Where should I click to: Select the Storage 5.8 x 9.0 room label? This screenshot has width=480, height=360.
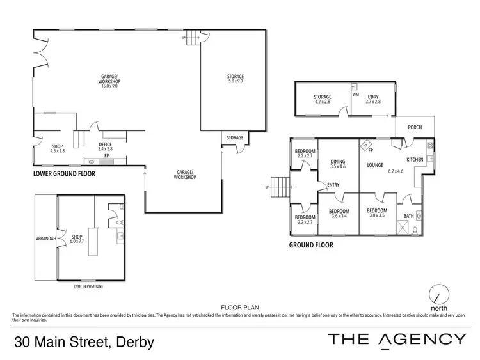[x=235, y=79]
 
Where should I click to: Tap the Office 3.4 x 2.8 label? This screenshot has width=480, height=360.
[x=105, y=146]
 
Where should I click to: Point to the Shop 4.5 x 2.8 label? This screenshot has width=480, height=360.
[x=58, y=149]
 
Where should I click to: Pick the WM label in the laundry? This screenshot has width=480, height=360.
[x=356, y=95]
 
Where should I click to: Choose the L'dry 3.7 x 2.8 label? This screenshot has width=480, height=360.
[x=373, y=99]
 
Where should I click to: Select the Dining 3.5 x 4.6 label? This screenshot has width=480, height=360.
[x=337, y=164]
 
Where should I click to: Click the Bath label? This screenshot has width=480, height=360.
[x=408, y=216]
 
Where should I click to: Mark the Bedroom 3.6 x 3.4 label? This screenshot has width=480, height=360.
[x=339, y=214]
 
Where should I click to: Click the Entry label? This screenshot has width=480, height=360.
[x=333, y=185]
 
